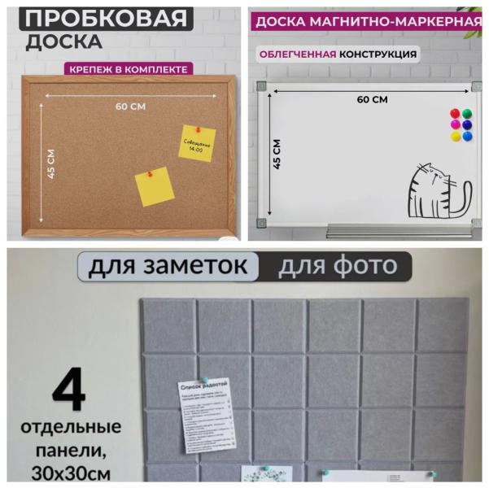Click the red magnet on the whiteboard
coord(456,114)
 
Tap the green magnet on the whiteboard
coord(467,114)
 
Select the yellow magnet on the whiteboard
coord(456,136)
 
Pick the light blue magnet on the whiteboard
coord(467,136)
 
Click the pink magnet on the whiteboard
coord(456,124)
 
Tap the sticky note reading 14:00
coord(197,143)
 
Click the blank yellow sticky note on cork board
coord(154,186)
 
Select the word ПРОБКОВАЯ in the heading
coord(102,16)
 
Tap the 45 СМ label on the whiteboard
coord(277,154)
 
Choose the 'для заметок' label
coord(168,266)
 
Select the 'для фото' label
coord(338,266)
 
